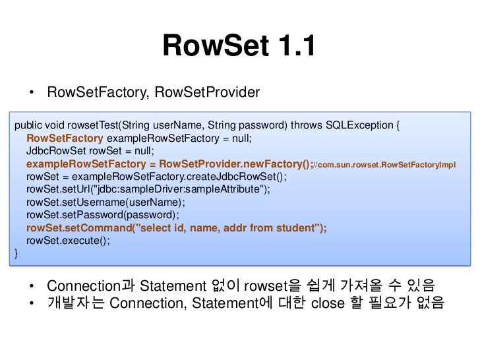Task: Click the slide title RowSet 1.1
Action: (x=239, y=46)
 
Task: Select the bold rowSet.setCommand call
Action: (x=78, y=227)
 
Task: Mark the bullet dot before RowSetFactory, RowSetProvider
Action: (x=32, y=92)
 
